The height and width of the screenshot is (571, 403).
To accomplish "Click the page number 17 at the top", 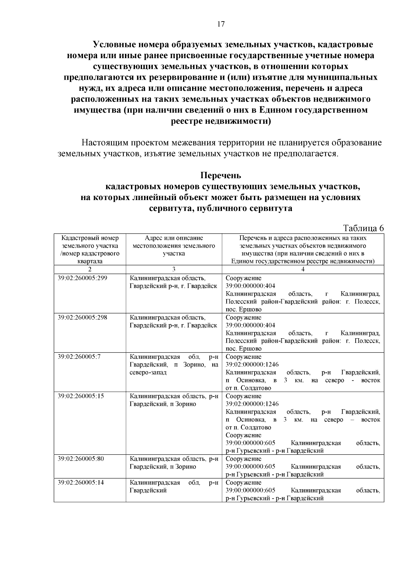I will point(221,24).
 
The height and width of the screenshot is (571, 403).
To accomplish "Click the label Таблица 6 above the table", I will point(363,228).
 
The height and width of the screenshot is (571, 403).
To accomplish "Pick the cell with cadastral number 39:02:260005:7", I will point(79,357).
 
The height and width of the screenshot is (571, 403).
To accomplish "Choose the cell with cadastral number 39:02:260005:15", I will point(81,396).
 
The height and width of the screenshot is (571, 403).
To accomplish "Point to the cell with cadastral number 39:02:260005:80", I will point(81,459).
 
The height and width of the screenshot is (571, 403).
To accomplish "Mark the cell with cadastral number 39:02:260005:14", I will point(81,483).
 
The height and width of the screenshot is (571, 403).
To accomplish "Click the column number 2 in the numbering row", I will point(90,269).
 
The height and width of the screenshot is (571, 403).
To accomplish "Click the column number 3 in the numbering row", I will point(174,269).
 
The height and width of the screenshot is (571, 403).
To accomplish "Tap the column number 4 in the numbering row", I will point(303,269).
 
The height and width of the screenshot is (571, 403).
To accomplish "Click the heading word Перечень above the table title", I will point(221,176).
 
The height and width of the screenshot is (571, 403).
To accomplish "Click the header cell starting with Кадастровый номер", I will point(90,250).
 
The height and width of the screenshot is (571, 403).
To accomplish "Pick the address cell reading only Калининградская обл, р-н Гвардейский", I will point(174,487).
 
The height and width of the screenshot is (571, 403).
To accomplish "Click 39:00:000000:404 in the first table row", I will point(250,286).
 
